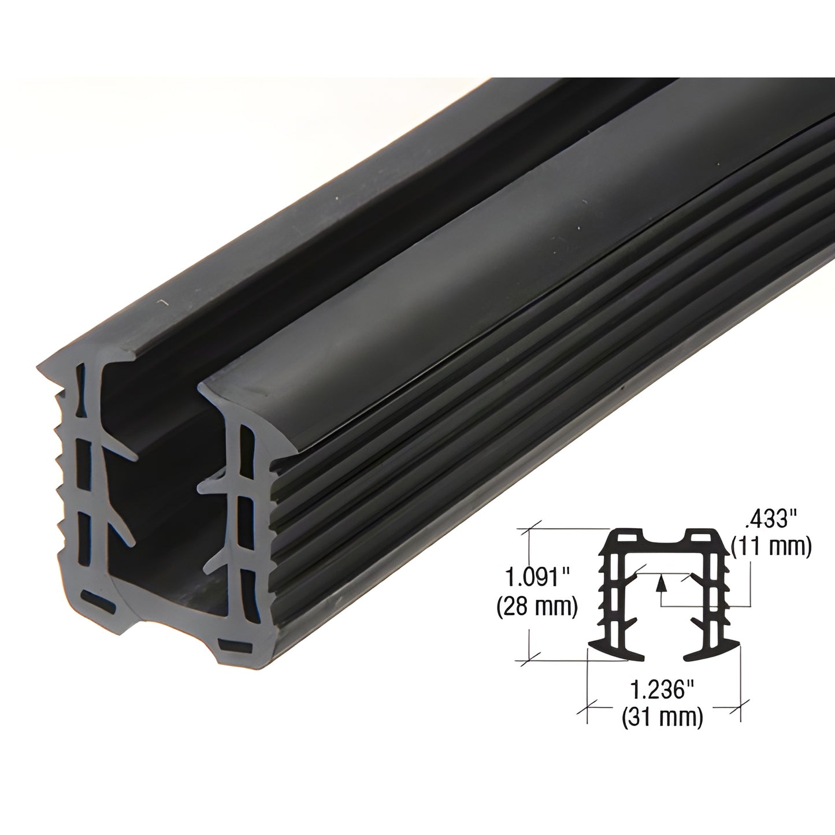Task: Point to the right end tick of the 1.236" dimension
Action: tap(741, 706)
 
